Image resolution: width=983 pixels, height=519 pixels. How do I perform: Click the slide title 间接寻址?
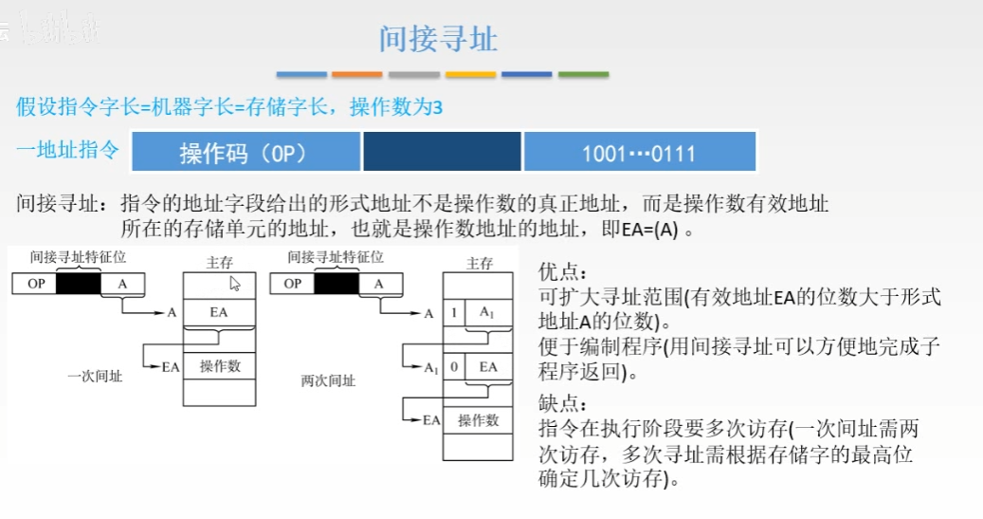tap(438, 39)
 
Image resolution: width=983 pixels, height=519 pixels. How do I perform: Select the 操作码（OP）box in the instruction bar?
tap(244, 152)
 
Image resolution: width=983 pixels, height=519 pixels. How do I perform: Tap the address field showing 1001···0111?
tap(639, 152)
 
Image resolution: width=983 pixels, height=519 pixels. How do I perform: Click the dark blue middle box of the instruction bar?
tap(442, 152)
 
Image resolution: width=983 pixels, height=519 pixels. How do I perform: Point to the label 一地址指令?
tap(68, 150)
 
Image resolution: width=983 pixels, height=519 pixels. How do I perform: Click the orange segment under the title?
tap(357, 74)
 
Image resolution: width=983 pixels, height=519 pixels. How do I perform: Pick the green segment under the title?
tap(583, 74)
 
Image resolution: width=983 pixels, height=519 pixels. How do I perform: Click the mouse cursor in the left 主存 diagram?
tap(235, 283)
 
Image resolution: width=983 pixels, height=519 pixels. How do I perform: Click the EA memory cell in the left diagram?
tap(219, 312)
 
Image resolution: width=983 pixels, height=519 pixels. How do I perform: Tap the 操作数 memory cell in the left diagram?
tap(219, 366)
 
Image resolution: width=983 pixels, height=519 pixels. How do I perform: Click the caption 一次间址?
tap(95, 377)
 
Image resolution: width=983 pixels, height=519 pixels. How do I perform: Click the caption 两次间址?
tap(328, 380)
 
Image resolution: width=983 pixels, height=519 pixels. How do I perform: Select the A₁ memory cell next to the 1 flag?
tap(487, 313)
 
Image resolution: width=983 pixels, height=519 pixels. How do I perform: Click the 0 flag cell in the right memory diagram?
tap(455, 366)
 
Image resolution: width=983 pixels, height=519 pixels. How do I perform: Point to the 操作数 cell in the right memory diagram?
tap(478, 420)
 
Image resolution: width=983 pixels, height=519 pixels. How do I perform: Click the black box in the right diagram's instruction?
tap(337, 284)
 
